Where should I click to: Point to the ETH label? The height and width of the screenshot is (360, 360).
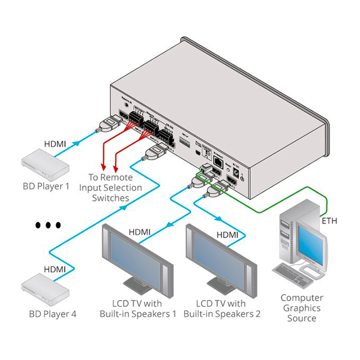(x=330, y=221)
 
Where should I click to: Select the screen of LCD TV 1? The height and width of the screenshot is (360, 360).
(x=135, y=252)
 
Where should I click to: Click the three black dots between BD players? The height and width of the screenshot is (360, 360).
(x=47, y=225)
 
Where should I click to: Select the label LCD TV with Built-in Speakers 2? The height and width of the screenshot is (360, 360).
(x=222, y=308)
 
